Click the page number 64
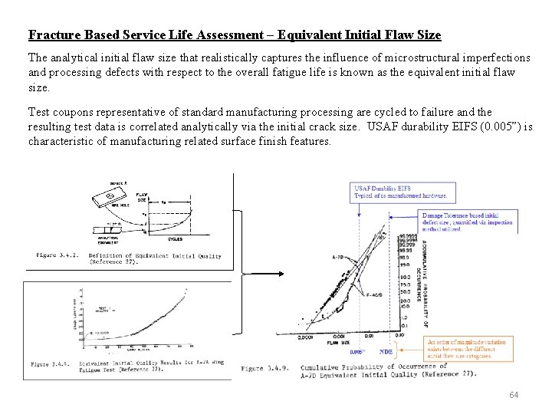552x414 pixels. pos(514,394)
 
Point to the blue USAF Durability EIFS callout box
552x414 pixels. pos(405,192)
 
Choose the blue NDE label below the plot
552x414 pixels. pos(386,351)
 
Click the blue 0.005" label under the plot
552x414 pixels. pos(357,352)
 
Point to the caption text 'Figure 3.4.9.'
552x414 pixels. pos(264,368)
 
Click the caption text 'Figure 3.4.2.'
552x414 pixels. pos(58,255)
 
